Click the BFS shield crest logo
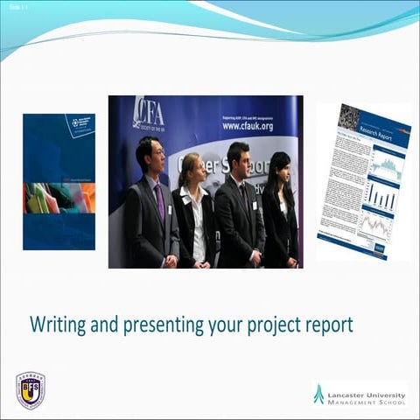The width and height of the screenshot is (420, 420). point(30,389)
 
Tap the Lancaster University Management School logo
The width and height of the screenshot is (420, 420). point(359,394)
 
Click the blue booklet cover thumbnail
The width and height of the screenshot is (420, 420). point(59,181)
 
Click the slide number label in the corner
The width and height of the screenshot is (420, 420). point(15,5)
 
